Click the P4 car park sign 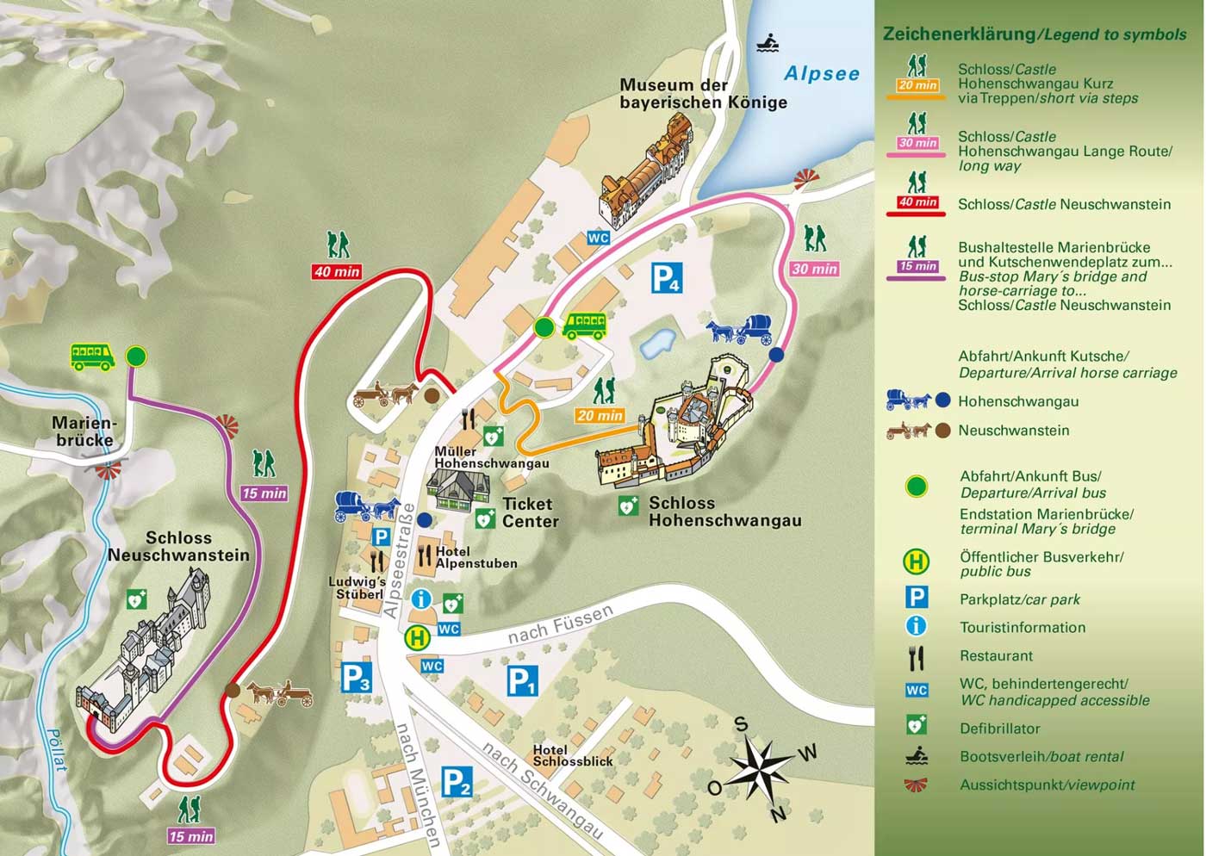(x=666, y=278)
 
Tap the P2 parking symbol (x=456, y=782)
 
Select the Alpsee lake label (x=821, y=74)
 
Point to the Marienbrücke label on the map (x=84, y=431)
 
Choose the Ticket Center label (x=530, y=512)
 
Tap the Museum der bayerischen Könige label (x=703, y=94)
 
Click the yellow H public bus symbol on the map (x=418, y=638)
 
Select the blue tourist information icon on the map (x=421, y=599)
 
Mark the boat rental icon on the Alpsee (x=768, y=42)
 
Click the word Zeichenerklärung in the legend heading (x=958, y=34)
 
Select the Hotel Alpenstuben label (x=476, y=557)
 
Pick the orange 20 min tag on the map (x=600, y=415)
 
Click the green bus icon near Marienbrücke (x=93, y=356)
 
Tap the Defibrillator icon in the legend (x=917, y=726)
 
